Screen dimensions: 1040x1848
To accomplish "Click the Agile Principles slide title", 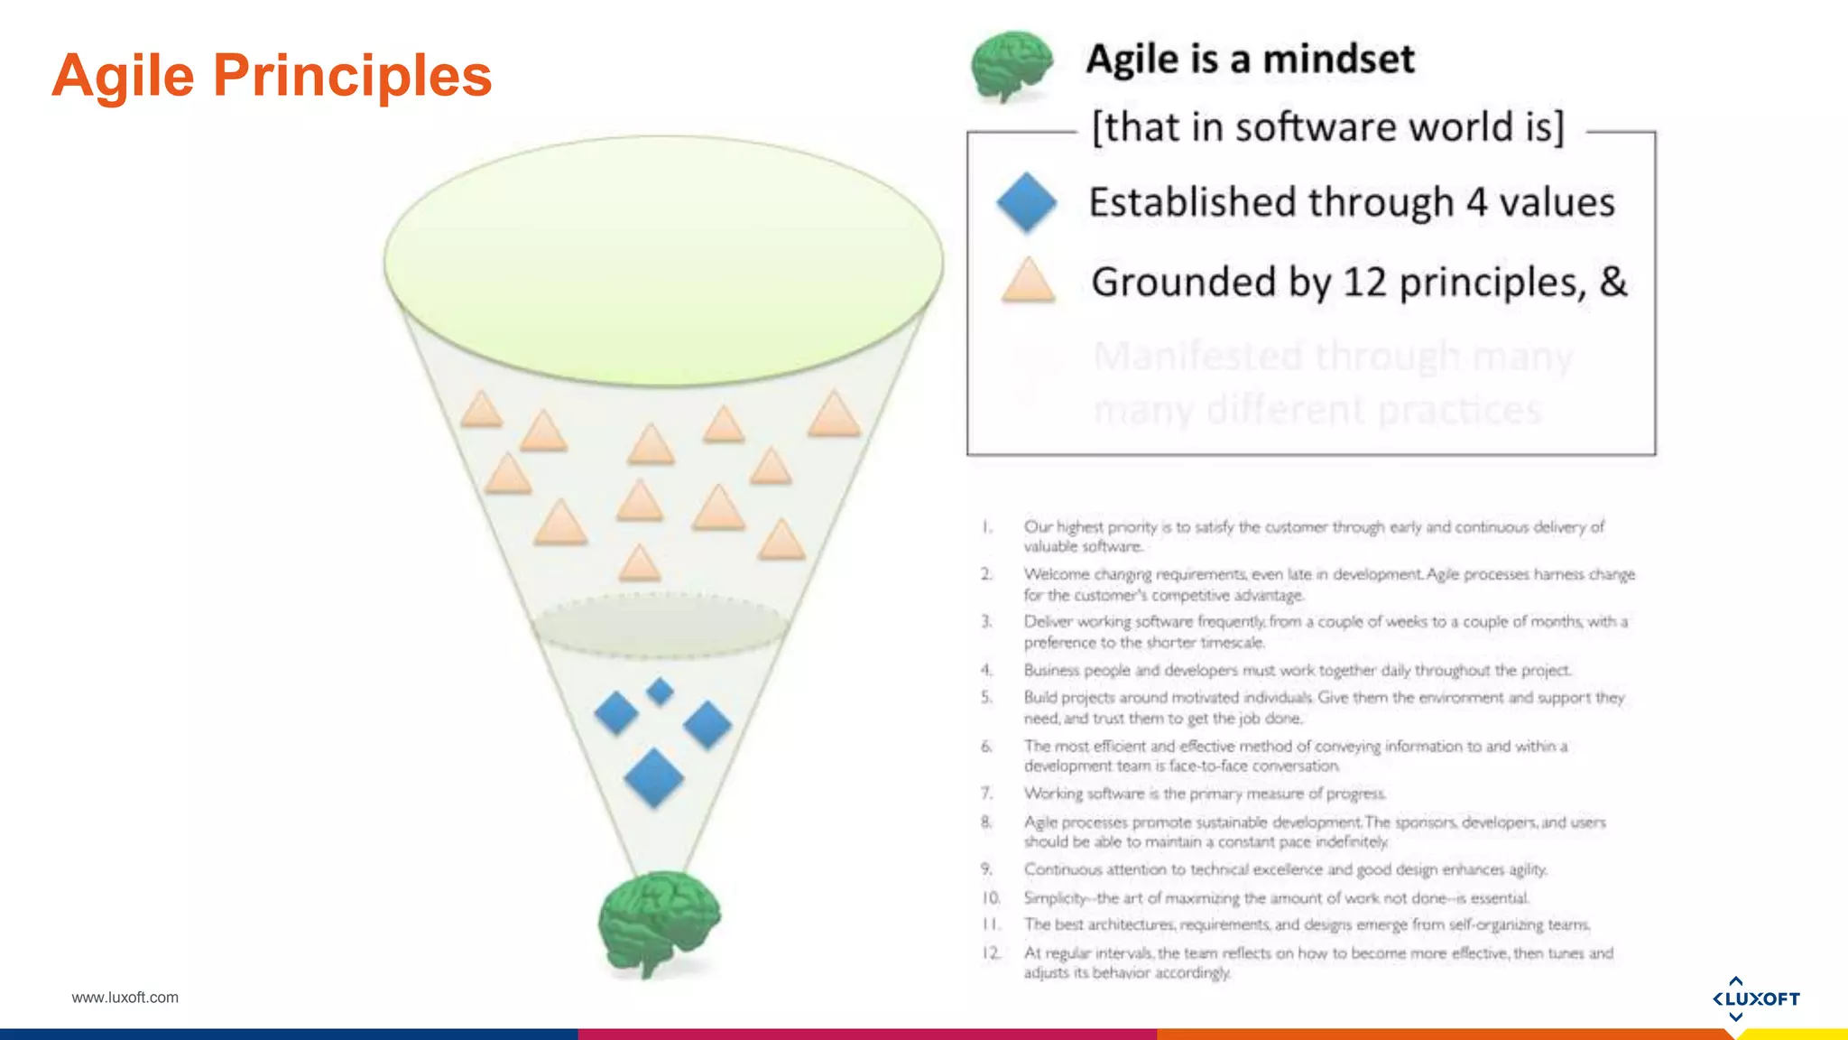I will click(272, 75).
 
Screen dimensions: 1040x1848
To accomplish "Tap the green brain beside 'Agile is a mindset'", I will click(1012, 65).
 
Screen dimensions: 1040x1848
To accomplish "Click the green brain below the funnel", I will click(660, 923).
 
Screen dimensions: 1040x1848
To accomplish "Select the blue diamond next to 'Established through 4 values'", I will click(1027, 202).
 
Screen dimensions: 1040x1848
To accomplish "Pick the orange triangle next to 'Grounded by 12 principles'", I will click(1028, 282).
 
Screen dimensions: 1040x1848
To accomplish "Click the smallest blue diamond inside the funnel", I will click(661, 692).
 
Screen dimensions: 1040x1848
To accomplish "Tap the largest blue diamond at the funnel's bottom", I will click(653, 777).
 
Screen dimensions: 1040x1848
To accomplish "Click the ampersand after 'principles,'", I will click(1613, 282).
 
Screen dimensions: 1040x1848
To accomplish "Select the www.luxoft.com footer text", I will click(125, 998).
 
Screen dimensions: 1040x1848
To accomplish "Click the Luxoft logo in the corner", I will click(1755, 998).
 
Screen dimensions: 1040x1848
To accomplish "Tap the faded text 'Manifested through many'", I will click(1333, 357).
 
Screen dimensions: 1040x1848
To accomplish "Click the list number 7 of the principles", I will click(987, 793).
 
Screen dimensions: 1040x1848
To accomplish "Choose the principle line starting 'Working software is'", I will click(1204, 794).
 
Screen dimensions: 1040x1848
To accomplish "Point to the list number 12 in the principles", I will click(991, 952).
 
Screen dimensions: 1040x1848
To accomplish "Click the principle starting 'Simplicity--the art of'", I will click(1275, 898).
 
